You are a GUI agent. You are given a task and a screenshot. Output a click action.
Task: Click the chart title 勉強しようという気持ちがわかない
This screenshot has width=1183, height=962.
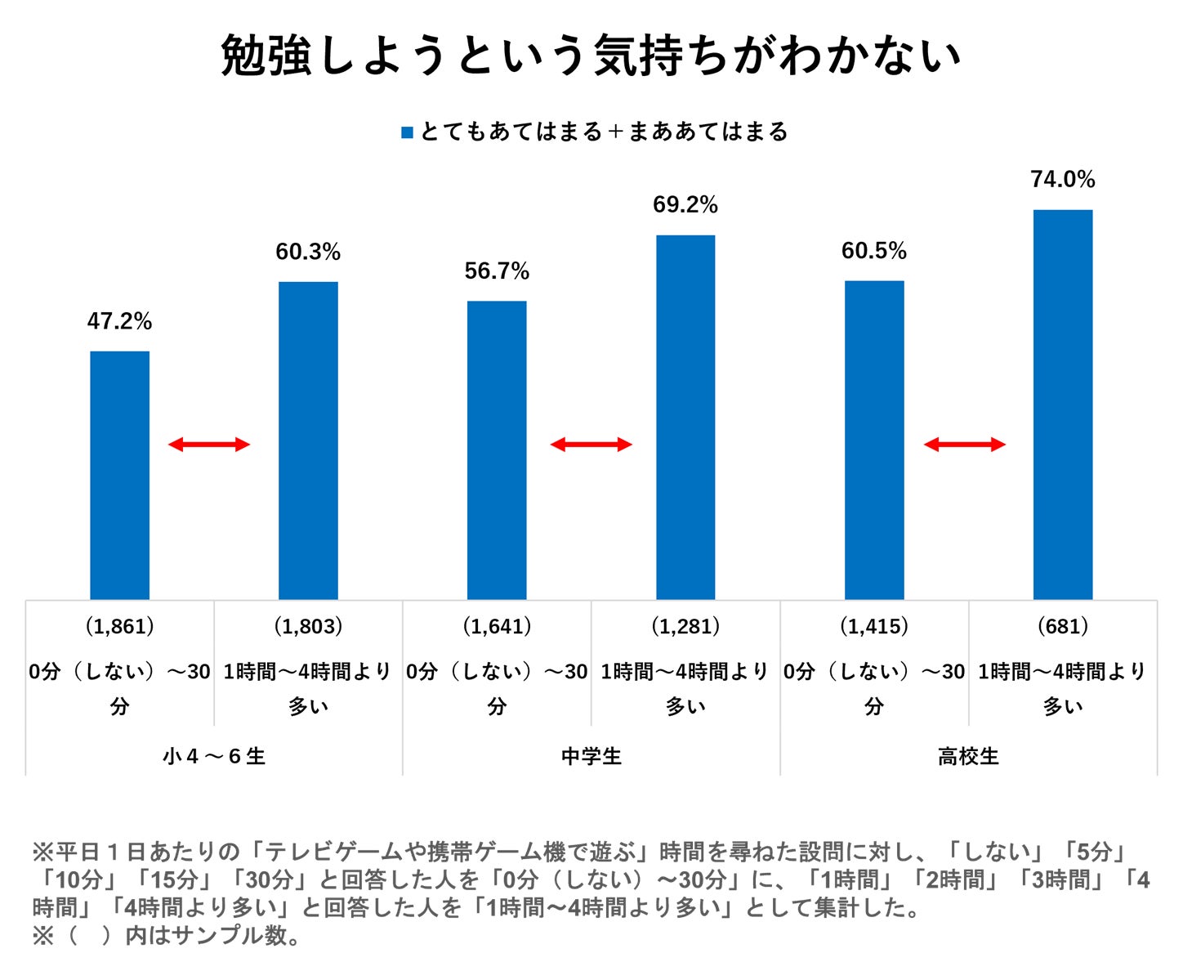[x=591, y=56]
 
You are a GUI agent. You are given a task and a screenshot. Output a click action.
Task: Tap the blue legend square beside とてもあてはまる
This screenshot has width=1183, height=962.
[x=407, y=132]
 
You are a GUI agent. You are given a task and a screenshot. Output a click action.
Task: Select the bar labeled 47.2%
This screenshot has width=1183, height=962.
[x=119, y=475]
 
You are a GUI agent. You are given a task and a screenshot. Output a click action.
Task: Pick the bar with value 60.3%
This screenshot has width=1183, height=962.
[x=308, y=441]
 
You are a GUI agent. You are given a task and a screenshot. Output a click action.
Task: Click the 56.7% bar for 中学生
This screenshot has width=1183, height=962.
[x=497, y=450]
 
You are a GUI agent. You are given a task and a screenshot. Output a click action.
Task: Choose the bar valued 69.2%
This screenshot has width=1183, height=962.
[x=685, y=417]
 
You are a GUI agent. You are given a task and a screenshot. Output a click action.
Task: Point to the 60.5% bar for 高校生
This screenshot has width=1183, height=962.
[x=874, y=440]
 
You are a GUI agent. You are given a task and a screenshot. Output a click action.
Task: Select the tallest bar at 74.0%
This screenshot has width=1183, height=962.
[x=1062, y=405]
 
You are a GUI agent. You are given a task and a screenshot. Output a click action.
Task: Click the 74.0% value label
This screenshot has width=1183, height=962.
[x=1062, y=180]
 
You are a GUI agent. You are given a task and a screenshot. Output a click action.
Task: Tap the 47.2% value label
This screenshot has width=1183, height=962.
[x=119, y=322]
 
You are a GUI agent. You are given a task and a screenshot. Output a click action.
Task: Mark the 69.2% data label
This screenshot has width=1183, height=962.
[x=685, y=205]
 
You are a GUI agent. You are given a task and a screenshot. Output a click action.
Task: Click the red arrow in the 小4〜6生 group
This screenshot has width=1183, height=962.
[x=208, y=445]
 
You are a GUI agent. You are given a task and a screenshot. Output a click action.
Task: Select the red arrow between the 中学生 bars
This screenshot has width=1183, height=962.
[x=591, y=445]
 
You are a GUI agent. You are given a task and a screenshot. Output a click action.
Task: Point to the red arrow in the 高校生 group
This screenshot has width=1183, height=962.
[x=964, y=445]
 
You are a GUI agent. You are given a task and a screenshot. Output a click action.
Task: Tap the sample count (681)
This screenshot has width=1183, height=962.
[x=1062, y=627]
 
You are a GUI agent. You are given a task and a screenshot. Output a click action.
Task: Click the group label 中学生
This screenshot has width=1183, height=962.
[x=591, y=756]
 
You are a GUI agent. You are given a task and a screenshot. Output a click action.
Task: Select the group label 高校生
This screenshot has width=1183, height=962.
[x=968, y=756]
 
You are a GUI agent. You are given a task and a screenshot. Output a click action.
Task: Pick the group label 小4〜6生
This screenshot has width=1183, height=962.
[x=213, y=756]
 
